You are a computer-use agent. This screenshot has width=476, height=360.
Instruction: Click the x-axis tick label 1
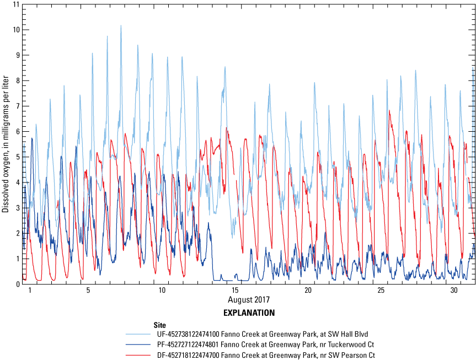[x=30, y=290]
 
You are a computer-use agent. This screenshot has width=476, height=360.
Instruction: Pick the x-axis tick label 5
[x=88, y=290]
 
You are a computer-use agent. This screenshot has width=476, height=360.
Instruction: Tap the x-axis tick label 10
[x=162, y=290]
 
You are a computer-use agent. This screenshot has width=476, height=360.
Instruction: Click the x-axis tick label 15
[x=235, y=290]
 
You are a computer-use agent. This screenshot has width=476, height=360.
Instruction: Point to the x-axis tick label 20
[x=308, y=290]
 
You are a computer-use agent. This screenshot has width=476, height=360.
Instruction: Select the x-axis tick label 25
[x=381, y=290]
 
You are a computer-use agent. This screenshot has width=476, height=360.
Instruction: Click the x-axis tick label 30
[x=454, y=290]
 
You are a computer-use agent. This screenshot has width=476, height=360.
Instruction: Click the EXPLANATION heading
[x=249, y=313]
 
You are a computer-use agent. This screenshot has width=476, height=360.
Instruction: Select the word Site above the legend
[x=161, y=325]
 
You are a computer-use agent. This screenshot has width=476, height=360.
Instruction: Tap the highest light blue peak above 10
[x=121, y=26]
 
